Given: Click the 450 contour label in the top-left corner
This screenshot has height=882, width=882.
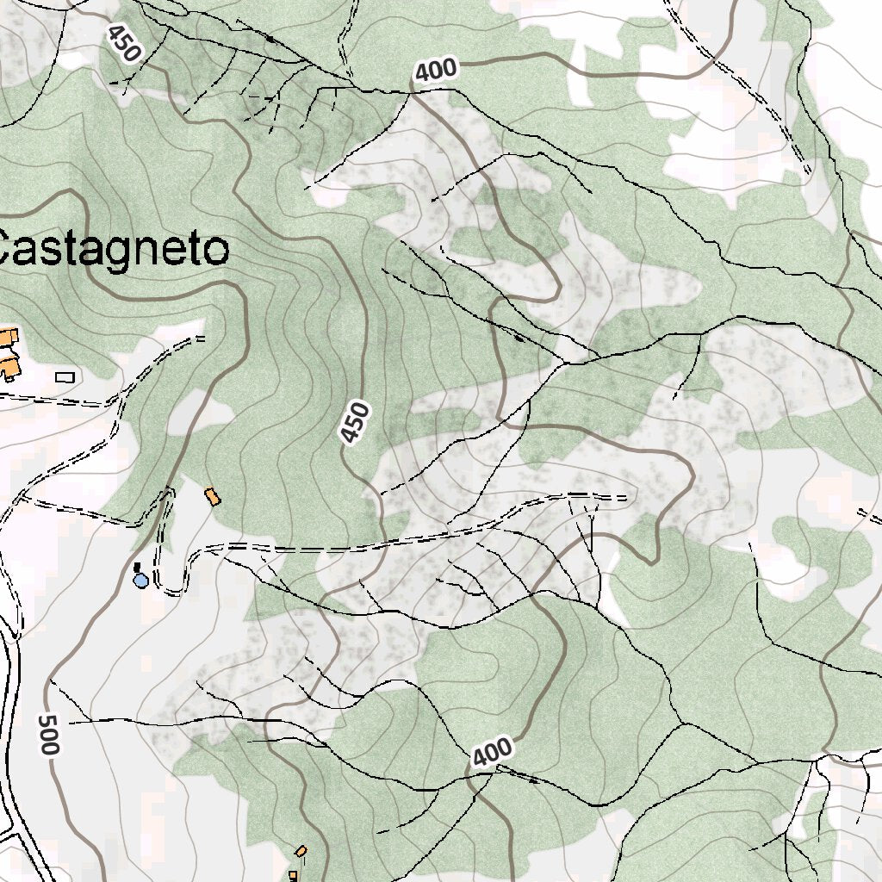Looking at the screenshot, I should pyautogui.click(x=123, y=42).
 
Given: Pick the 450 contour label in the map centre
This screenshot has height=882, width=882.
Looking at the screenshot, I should pyautogui.click(x=355, y=423).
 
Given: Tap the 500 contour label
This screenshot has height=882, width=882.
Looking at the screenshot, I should pyautogui.click(x=48, y=735).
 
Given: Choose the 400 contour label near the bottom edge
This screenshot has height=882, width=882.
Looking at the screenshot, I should pyautogui.click(x=493, y=753).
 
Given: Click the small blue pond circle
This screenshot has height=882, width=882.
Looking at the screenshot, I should pyautogui.click(x=140, y=581).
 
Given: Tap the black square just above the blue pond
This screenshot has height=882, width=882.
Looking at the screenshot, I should pyautogui.click(x=137, y=567).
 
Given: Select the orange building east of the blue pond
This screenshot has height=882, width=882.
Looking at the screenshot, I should pyautogui.click(x=211, y=497).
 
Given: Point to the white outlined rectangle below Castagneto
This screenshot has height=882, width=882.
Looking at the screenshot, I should pyautogui.click(x=65, y=376).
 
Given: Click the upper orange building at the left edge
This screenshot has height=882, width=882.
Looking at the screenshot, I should pyautogui.click(x=8, y=335).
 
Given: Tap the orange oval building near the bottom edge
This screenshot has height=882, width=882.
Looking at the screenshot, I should pyautogui.click(x=301, y=851).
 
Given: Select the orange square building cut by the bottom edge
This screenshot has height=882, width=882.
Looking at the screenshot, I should pyautogui.click(x=293, y=876).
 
